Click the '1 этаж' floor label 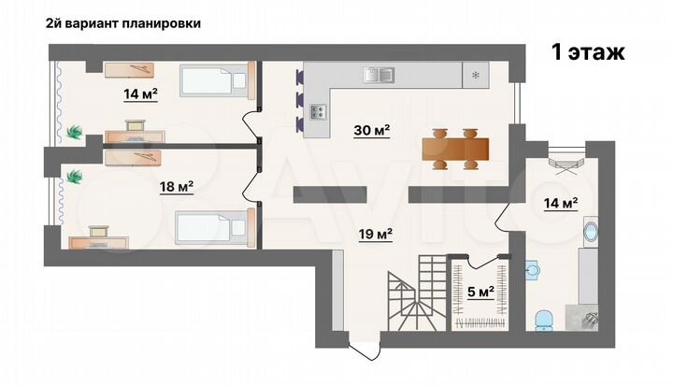click(588, 52)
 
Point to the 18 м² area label click(176, 187)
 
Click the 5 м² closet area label click(480, 292)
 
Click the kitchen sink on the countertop click(379, 73)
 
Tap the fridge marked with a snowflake click(476, 75)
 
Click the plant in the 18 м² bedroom click(75, 175)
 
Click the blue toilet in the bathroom click(545, 321)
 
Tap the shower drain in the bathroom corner click(591, 320)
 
